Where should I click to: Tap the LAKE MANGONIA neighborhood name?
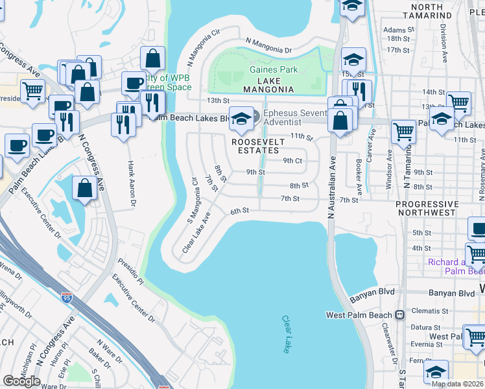click(268, 89)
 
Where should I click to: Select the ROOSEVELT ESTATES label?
click(257, 146)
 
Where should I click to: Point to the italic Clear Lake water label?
click(286, 334)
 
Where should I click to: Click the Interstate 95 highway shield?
click(67, 298)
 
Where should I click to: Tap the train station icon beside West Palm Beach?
click(399, 315)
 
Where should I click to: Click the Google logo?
click(22, 381)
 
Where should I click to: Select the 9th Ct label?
click(292, 160)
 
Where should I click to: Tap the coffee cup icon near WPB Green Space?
click(134, 83)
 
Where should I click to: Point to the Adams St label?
click(397, 30)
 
